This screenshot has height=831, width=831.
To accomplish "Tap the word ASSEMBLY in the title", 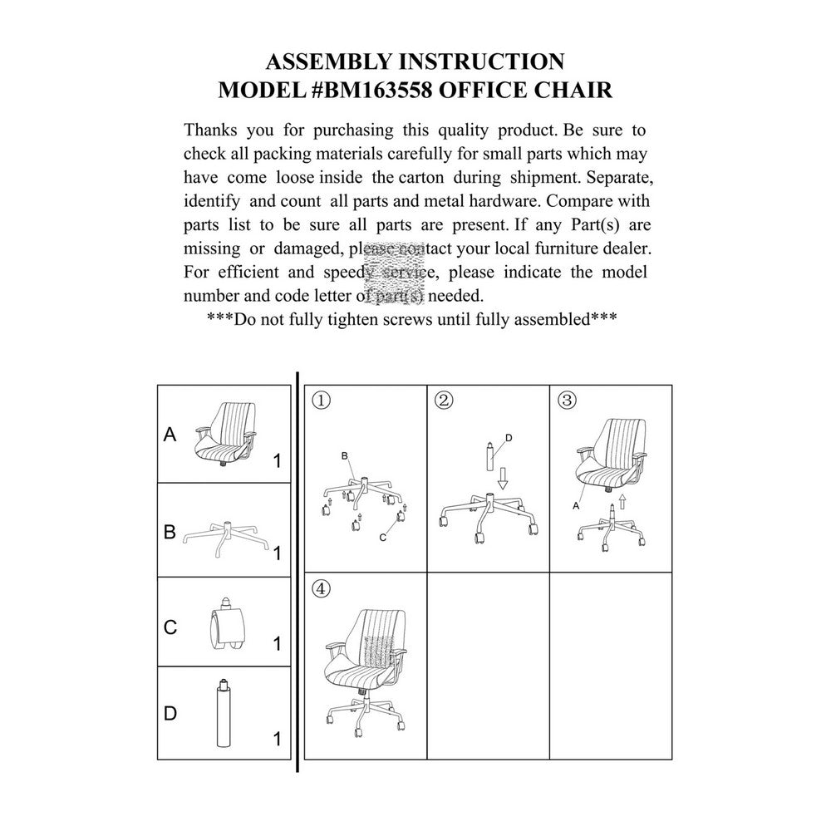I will click(324, 61).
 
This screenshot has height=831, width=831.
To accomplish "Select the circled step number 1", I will click(322, 401).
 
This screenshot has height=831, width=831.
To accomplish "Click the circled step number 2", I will click(444, 401).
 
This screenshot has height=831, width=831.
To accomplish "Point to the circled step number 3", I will click(567, 401).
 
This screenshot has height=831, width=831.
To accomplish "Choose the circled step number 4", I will click(322, 589).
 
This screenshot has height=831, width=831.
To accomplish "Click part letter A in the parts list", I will click(170, 434).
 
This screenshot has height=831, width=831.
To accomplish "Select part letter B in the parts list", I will click(170, 532).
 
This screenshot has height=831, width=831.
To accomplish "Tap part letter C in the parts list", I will click(170, 627).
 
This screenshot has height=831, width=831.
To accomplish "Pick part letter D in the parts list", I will click(170, 714).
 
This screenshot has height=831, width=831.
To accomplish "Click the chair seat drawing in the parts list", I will click(225, 436).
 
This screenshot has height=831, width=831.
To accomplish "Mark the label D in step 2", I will click(509, 438).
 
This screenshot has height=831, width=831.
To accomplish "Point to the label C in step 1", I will click(382, 538).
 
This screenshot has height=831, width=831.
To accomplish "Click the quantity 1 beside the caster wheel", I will click(277, 643).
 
